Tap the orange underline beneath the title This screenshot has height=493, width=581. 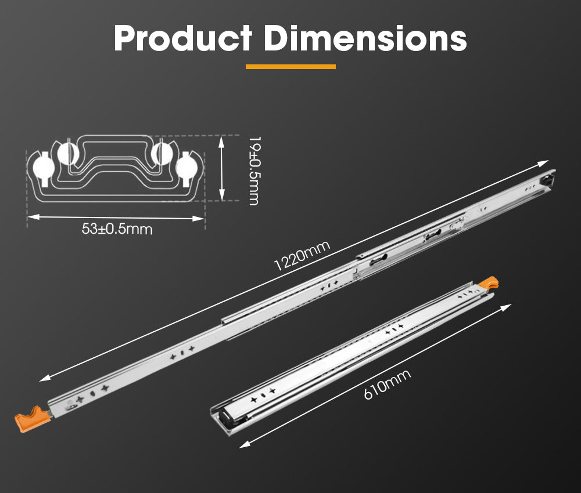coord(290,67)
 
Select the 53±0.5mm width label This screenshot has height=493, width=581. coord(117,229)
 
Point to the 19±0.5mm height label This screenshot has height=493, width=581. coord(252,171)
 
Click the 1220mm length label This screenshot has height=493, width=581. coord(302,256)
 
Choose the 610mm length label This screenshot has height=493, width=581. coord(387,384)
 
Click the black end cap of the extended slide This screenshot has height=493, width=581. coord(547,179)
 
